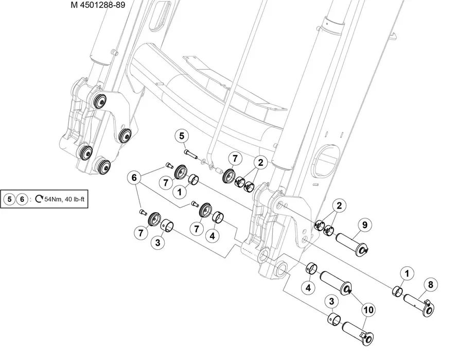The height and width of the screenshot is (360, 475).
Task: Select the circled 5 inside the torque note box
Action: [9, 199]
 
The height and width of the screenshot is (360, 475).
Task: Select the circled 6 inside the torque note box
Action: [22, 199]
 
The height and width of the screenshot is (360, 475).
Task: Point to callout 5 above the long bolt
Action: [182, 136]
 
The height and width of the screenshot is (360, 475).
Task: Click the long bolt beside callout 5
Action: [191, 153]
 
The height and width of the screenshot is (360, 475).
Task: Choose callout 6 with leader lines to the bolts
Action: [134, 178]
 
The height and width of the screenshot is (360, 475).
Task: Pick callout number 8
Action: [431, 284]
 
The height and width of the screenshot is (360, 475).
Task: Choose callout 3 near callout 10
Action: [331, 301]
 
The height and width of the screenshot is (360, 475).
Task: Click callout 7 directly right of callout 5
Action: [234, 158]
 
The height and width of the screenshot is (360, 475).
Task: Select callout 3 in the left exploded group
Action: [157, 243]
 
